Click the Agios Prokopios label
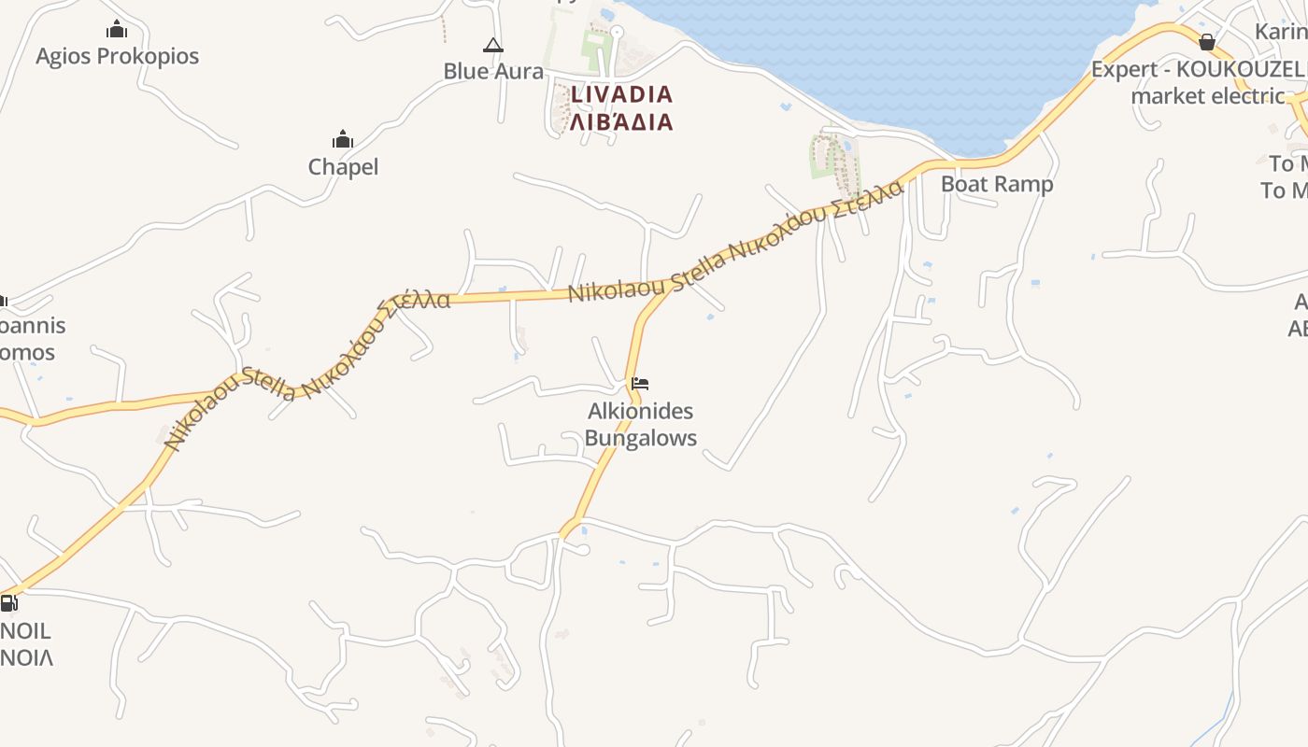(x=117, y=56)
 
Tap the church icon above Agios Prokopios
(x=117, y=30)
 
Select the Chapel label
(x=343, y=167)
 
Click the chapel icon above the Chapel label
(x=343, y=140)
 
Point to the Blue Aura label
(x=492, y=71)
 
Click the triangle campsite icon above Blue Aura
(x=492, y=45)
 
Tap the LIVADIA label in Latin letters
(x=621, y=94)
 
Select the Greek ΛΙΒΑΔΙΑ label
(x=621, y=122)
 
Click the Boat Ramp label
(x=996, y=184)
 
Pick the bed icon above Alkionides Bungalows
(x=640, y=383)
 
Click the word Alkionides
(x=640, y=411)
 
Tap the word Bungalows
(x=640, y=438)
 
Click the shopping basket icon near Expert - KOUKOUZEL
(x=1206, y=42)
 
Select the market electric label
(x=1207, y=95)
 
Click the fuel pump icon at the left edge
(x=8, y=603)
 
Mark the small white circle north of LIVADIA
(x=616, y=32)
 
